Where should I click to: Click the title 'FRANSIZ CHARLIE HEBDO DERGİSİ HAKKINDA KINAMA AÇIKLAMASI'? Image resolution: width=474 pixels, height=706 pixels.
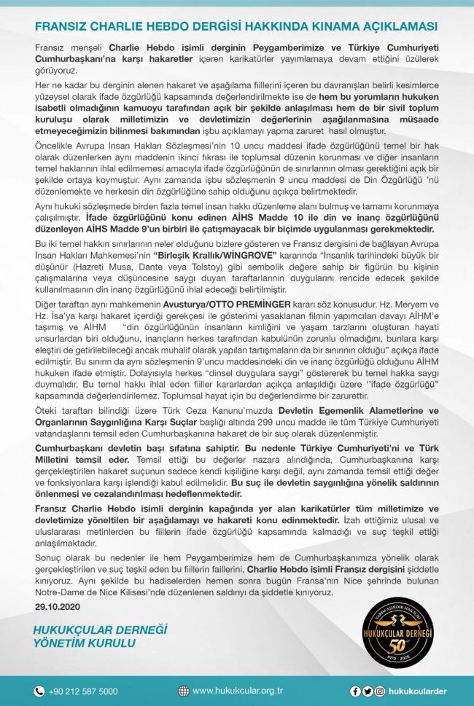click(x=236, y=26)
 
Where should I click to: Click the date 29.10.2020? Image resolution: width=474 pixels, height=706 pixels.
click(x=53, y=605)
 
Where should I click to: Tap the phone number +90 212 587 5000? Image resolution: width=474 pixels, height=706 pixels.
click(x=83, y=691)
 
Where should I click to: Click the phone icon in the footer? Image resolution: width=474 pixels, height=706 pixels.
click(x=39, y=691)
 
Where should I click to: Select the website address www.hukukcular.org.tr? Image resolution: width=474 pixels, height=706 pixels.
click(x=238, y=691)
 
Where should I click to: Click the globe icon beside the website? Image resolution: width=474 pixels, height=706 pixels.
click(x=183, y=691)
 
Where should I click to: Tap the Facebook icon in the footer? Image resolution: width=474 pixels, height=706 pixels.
click(x=355, y=691)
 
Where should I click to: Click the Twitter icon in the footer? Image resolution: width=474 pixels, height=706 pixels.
click(x=367, y=691)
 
